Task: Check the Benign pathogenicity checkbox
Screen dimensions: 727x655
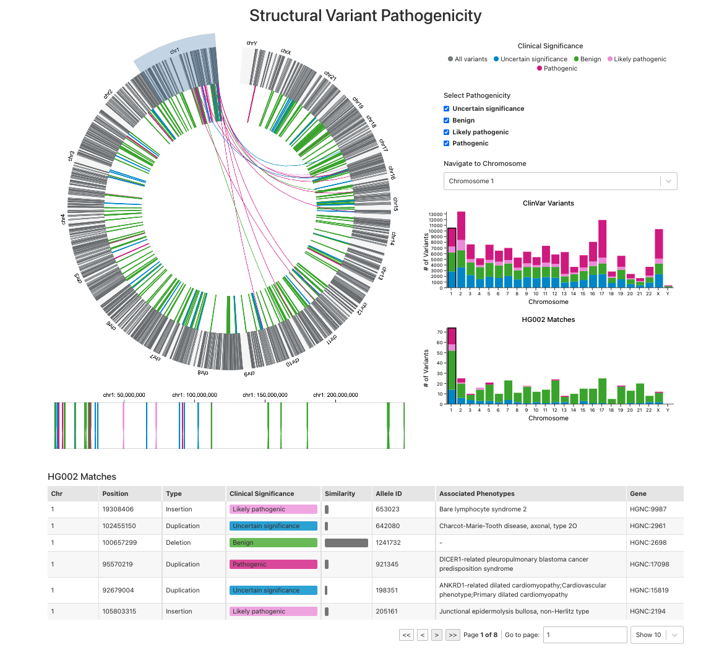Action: pyautogui.click(x=447, y=121)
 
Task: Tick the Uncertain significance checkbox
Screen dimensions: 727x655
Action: pyautogui.click(x=447, y=109)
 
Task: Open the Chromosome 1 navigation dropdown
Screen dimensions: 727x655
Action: pyautogui.click(x=560, y=181)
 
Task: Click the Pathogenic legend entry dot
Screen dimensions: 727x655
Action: pyautogui.click(x=540, y=68)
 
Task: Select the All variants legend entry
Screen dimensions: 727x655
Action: pyautogui.click(x=467, y=59)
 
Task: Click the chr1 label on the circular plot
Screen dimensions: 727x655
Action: pyautogui.click(x=174, y=51)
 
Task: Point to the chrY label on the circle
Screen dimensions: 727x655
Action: pyautogui.click(x=252, y=43)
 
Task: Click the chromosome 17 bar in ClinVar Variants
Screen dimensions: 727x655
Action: pyautogui.click(x=602, y=254)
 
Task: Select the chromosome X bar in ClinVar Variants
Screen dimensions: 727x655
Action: pyautogui.click(x=659, y=258)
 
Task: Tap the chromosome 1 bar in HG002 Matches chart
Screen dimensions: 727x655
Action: pyautogui.click(x=452, y=366)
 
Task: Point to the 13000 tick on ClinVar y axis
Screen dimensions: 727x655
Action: pyautogui.click(x=436, y=214)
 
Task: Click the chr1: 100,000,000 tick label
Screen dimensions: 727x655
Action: pyautogui.click(x=195, y=395)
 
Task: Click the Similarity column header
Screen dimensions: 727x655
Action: pyautogui.click(x=340, y=493)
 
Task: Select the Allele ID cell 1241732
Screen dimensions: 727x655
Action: pyautogui.click(x=388, y=543)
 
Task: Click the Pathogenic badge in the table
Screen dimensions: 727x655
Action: pyautogui.click(x=273, y=565)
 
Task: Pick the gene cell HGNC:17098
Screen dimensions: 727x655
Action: pyautogui.click(x=649, y=565)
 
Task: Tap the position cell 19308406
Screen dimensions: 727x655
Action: pyautogui.click(x=118, y=510)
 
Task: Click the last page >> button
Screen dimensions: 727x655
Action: pyautogui.click(x=452, y=635)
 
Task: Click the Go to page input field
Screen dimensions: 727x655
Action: pyautogui.click(x=585, y=635)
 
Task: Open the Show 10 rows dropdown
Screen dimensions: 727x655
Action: pyautogui.click(x=657, y=635)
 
